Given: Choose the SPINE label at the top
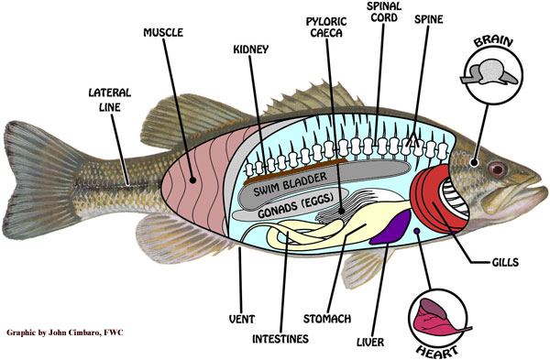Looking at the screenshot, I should [x=430, y=18].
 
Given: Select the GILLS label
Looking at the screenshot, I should [x=504, y=262].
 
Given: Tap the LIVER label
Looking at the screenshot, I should [x=373, y=342].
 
